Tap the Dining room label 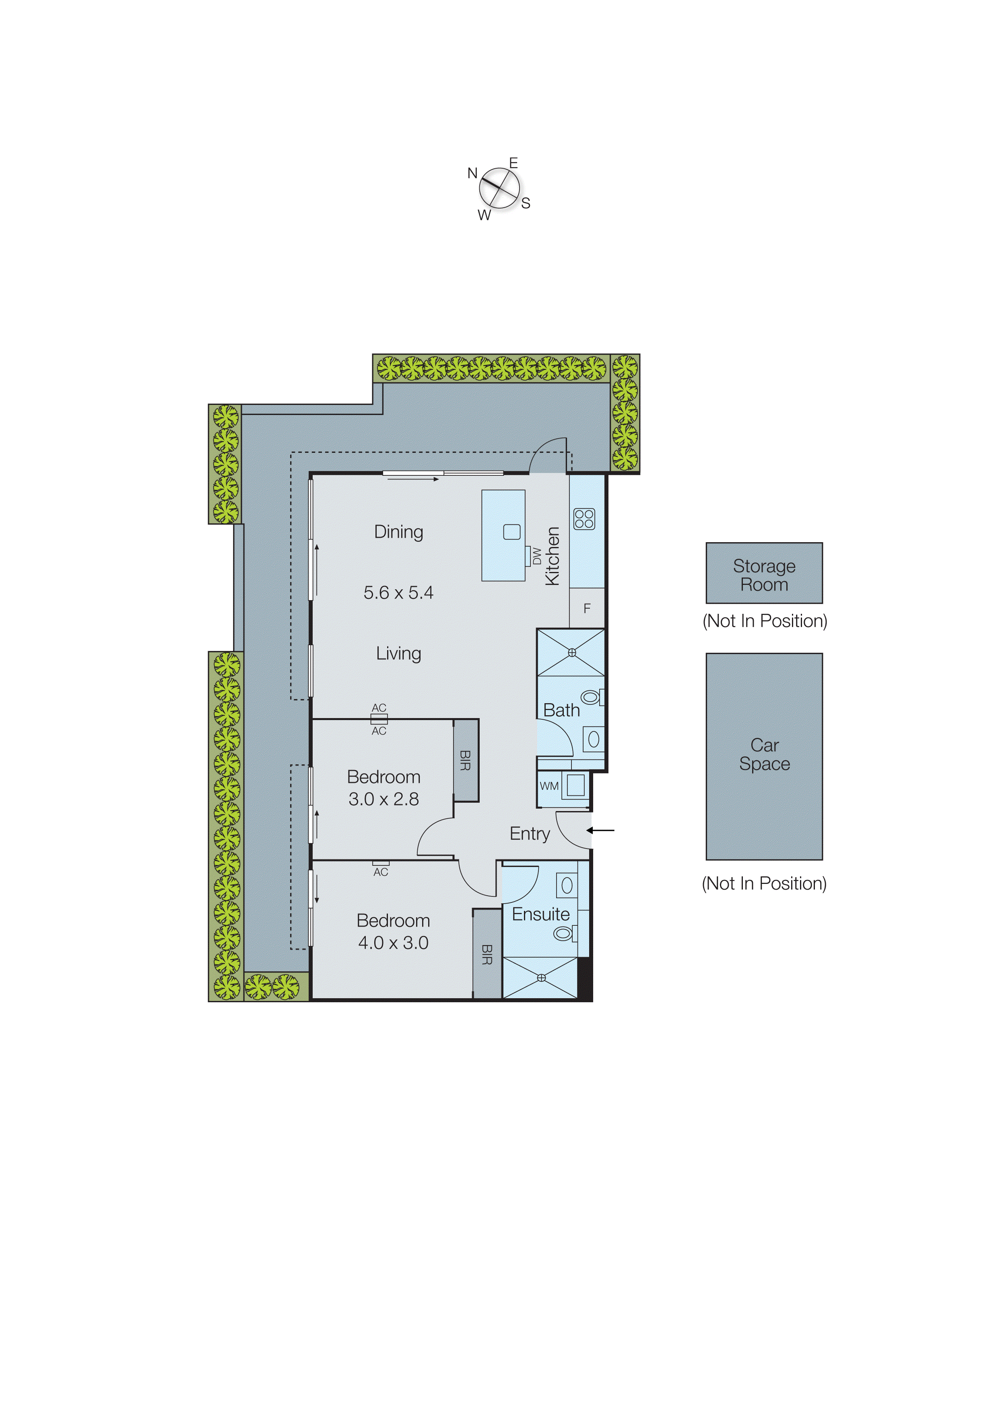pos(398,532)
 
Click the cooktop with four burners pos(584,519)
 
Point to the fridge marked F pos(587,608)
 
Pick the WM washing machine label pos(549,786)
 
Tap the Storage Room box pos(764,573)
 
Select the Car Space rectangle pos(764,756)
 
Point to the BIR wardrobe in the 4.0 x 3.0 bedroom pos(487,954)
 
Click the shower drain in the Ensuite pos(541,978)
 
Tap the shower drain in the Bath pos(572,652)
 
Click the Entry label pos(530,834)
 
